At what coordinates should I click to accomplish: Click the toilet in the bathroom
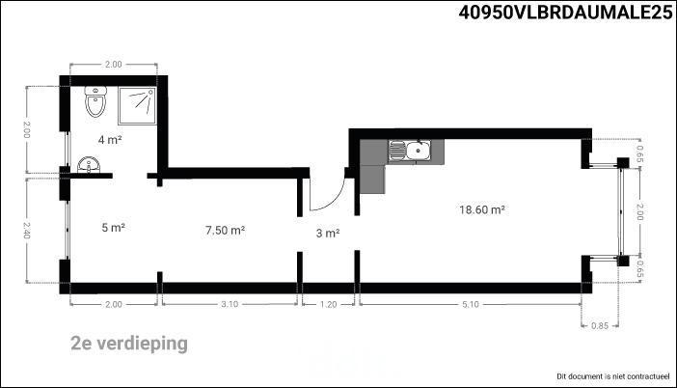95,101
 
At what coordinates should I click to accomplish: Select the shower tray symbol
137,105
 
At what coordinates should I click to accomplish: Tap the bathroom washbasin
89,165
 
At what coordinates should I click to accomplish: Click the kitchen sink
409,151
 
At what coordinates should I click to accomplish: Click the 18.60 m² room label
482,210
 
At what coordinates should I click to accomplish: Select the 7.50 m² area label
226,231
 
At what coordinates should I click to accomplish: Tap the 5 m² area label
114,227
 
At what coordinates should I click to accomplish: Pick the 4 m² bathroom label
110,140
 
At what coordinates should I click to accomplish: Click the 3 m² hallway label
328,234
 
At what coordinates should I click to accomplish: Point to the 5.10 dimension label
471,304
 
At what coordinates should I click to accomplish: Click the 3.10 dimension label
230,304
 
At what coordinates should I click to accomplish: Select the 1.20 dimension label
328,304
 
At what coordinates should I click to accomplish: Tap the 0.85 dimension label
600,326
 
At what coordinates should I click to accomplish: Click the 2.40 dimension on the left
26,231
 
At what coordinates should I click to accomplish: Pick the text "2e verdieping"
129,344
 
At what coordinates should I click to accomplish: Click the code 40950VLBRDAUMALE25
565,13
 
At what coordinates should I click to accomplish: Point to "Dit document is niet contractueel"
613,376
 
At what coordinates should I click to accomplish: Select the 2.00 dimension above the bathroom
113,65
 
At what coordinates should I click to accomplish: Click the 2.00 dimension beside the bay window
639,211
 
